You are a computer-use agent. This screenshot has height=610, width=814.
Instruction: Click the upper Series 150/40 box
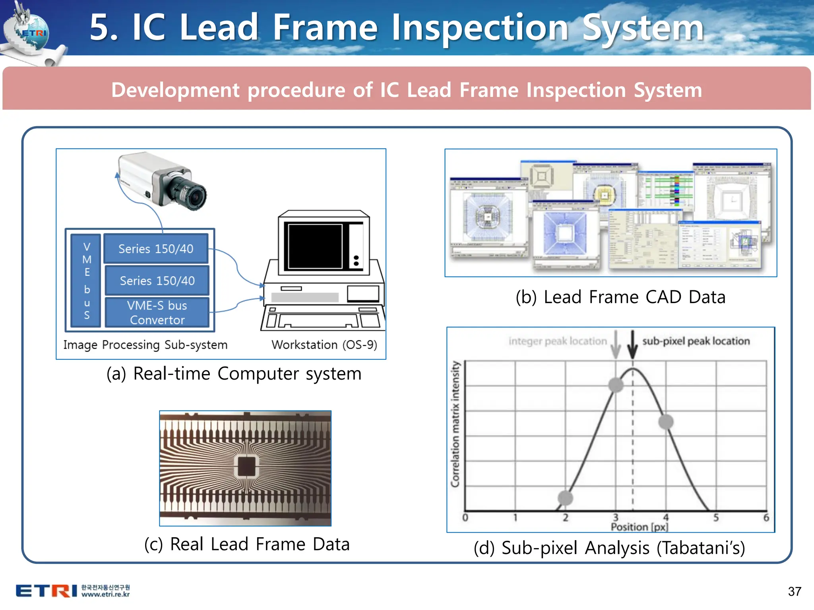point(156,249)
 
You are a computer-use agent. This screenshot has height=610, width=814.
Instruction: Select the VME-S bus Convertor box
point(157,313)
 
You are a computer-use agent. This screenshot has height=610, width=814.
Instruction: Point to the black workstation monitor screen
point(315,246)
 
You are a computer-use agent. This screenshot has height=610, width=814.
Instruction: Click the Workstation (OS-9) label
point(324,345)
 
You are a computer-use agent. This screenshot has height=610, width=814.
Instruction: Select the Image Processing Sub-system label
point(145,345)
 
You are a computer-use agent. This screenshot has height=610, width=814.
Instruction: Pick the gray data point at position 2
point(565,498)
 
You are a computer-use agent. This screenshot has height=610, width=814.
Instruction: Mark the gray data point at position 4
point(666,422)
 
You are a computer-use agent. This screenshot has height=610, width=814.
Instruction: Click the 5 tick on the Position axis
point(716,517)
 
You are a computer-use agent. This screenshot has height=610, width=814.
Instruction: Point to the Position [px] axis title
point(640,527)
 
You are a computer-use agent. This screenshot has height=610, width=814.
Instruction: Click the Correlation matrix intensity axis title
point(455,424)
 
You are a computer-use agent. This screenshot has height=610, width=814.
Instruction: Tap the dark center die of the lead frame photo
point(246,466)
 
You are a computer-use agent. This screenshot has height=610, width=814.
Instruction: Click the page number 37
point(795,591)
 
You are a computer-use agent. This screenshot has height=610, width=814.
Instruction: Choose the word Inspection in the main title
point(480,28)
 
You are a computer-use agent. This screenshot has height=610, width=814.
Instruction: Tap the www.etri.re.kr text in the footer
point(106,595)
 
